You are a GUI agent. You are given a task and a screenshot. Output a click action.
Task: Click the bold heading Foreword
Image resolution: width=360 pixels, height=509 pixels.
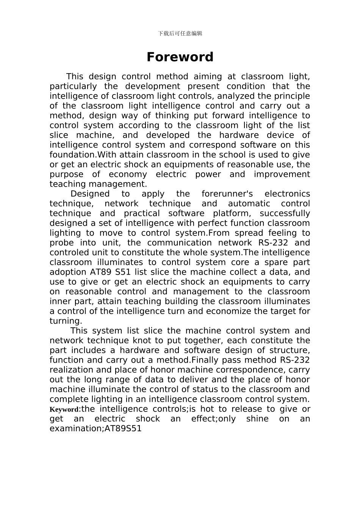[x=180, y=57]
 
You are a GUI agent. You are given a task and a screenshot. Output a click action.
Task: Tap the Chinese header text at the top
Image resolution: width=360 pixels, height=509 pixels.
[x=180, y=33]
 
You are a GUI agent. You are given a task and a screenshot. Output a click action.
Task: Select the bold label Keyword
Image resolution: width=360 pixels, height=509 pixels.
[x=64, y=410]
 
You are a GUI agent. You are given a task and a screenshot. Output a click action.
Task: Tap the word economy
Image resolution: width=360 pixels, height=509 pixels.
[x=128, y=174]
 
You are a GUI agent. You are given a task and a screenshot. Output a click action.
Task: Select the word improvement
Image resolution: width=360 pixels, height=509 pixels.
[x=282, y=174]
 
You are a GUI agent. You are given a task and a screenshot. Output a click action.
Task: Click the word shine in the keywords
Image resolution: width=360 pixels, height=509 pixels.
[x=257, y=419]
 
